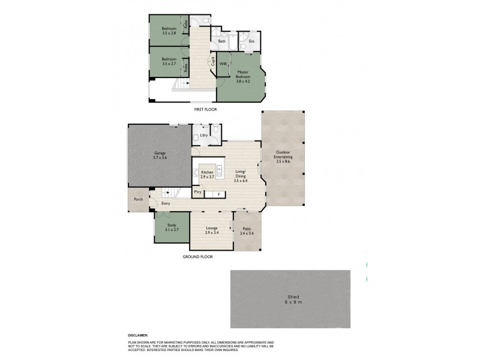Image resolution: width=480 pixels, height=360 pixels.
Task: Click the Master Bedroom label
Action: click(x=242, y=74)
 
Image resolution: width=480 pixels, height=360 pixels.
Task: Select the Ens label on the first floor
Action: click(x=251, y=41)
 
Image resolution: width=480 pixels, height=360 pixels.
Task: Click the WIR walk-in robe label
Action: click(x=223, y=63)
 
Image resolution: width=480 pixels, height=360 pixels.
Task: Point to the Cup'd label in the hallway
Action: click(x=213, y=61)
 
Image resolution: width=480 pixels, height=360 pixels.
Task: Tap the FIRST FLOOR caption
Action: click(x=205, y=110)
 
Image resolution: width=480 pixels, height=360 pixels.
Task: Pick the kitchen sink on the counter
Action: click(x=219, y=170)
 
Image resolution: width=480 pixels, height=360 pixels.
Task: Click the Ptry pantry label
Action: click(x=197, y=192)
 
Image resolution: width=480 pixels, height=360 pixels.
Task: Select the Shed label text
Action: click(x=290, y=298)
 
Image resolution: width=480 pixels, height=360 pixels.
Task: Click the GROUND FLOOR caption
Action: click(x=197, y=256)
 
